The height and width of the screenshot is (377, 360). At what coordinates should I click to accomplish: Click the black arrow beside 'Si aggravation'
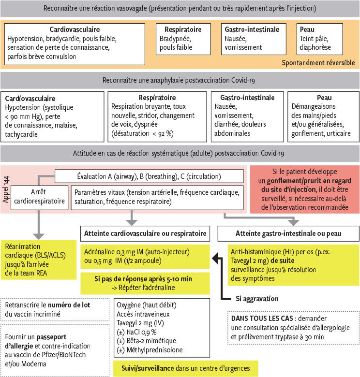pos(224,285)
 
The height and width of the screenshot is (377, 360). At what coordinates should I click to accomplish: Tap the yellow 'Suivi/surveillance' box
pos(186,368)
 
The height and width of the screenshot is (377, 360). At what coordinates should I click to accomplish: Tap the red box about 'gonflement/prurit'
pos(305,188)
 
